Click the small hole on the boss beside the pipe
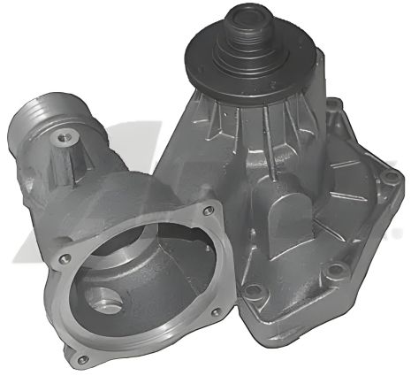(x=63, y=137)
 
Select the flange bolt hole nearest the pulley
(x=208, y=211)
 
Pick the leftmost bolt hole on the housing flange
(x=64, y=259)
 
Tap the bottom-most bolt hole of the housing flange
(x=81, y=359)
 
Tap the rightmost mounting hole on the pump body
(x=389, y=179)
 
